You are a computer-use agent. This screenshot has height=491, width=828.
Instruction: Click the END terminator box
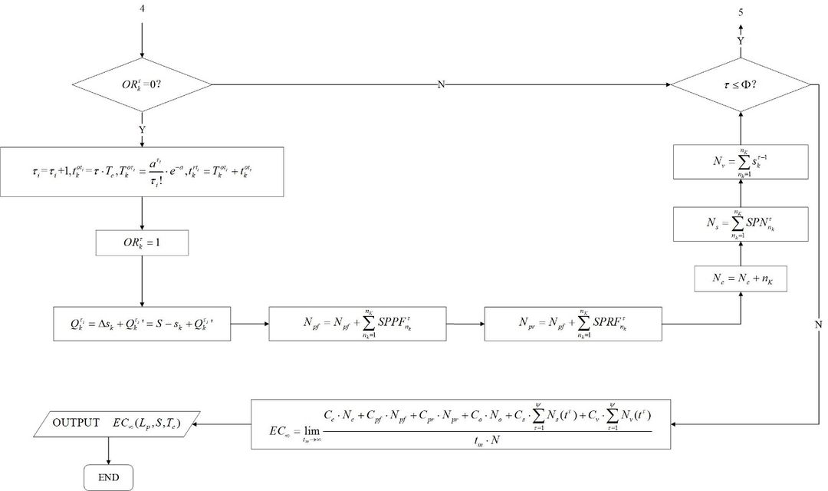coord(108,477)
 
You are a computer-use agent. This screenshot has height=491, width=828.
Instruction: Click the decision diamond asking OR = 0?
coord(142,84)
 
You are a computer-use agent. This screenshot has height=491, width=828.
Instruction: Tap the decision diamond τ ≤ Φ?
coord(740,84)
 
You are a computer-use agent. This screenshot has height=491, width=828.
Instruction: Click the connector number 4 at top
coord(142,10)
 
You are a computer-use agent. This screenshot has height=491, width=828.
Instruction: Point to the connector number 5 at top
coord(740,12)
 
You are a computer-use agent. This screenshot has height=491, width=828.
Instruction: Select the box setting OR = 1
coord(142,244)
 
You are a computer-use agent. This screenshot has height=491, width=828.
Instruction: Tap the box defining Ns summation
coord(740,225)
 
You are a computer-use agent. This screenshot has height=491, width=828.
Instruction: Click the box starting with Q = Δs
coord(142,325)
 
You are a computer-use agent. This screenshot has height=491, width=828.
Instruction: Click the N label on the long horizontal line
coord(441,84)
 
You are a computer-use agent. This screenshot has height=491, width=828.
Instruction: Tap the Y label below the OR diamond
coord(142,130)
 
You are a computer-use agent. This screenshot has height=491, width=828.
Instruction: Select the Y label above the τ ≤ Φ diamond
coord(740,40)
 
